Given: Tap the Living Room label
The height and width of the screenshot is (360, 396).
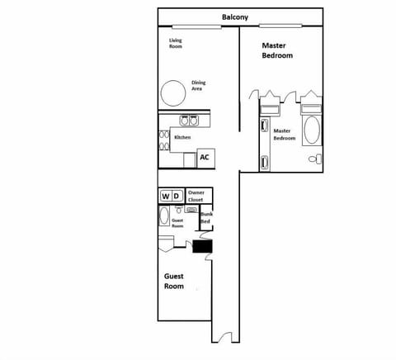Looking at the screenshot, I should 175,43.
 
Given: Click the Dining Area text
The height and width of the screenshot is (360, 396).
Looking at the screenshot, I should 198,85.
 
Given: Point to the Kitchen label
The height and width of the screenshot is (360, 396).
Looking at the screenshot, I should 182,137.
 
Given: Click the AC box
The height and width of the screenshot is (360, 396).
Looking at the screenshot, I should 204,157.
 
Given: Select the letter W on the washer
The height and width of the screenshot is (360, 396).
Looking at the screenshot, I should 166,196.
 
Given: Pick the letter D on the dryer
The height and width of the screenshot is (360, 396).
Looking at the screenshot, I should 177,196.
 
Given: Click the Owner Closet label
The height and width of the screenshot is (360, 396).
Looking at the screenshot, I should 196,196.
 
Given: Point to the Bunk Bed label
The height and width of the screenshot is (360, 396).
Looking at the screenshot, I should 206,219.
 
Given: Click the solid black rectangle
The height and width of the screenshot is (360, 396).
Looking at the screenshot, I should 203,245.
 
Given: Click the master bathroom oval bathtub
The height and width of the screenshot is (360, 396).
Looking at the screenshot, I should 312,130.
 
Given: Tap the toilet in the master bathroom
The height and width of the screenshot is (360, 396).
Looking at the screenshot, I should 313,159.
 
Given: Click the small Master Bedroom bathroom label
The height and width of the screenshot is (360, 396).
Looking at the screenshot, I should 283,134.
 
